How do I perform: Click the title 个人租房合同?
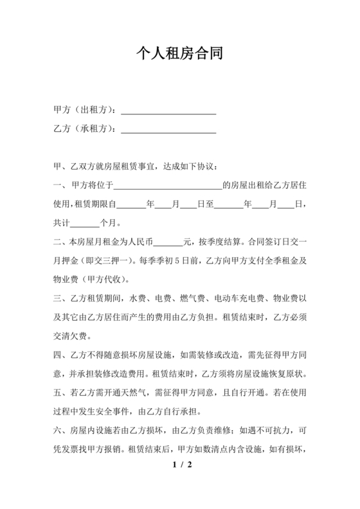point(179,53)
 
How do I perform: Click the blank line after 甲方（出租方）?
point(168,111)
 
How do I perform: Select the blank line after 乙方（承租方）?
point(168,130)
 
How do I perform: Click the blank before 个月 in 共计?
point(84,224)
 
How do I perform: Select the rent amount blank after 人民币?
point(169,243)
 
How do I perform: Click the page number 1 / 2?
point(179,464)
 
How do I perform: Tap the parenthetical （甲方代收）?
point(106,280)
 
